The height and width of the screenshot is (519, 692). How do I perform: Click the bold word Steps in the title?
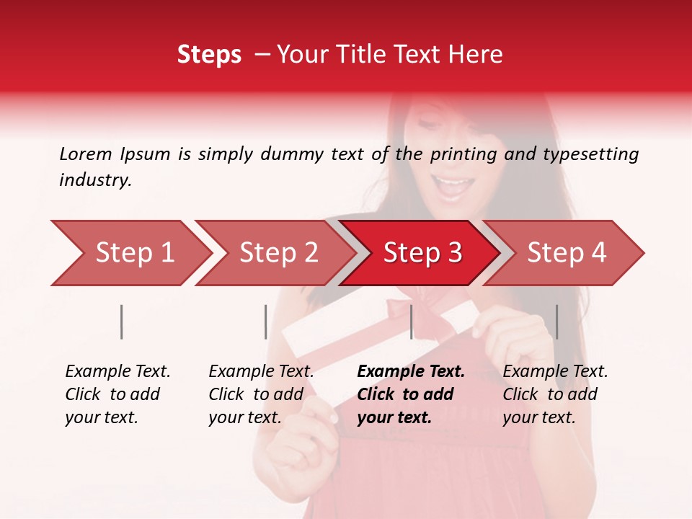pyautogui.click(x=209, y=55)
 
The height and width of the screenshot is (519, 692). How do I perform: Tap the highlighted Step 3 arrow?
pyautogui.click(x=422, y=253)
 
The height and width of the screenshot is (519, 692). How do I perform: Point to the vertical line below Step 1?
pyautogui.click(x=122, y=321)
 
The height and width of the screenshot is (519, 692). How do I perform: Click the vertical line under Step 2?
pyautogui.click(x=266, y=321)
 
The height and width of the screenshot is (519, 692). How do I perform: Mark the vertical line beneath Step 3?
pyautogui.click(x=411, y=321)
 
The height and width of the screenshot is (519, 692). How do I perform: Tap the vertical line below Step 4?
pyautogui.click(x=556, y=321)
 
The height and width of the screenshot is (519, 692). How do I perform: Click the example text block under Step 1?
pyautogui.click(x=117, y=394)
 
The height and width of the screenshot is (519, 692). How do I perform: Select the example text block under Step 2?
pyautogui.click(x=261, y=394)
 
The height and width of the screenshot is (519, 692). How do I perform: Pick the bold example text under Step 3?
pyautogui.click(x=411, y=394)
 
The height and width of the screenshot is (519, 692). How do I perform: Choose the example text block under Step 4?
pyautogui.click(x=555, y=394)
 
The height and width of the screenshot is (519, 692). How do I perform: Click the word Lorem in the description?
pyautogui.click(x=86, y=154)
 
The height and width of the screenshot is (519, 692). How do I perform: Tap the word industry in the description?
pyautogui.click(x=94, y=180)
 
